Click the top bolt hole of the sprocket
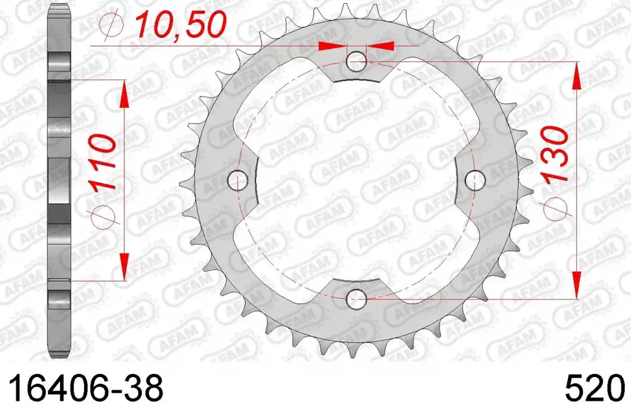pos(356,62)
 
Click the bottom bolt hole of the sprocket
pos(356,299)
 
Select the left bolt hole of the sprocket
pos(237,180)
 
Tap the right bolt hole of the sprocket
pos(475,180)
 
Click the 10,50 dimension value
pos(181,25)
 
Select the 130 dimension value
pos(555,154)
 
